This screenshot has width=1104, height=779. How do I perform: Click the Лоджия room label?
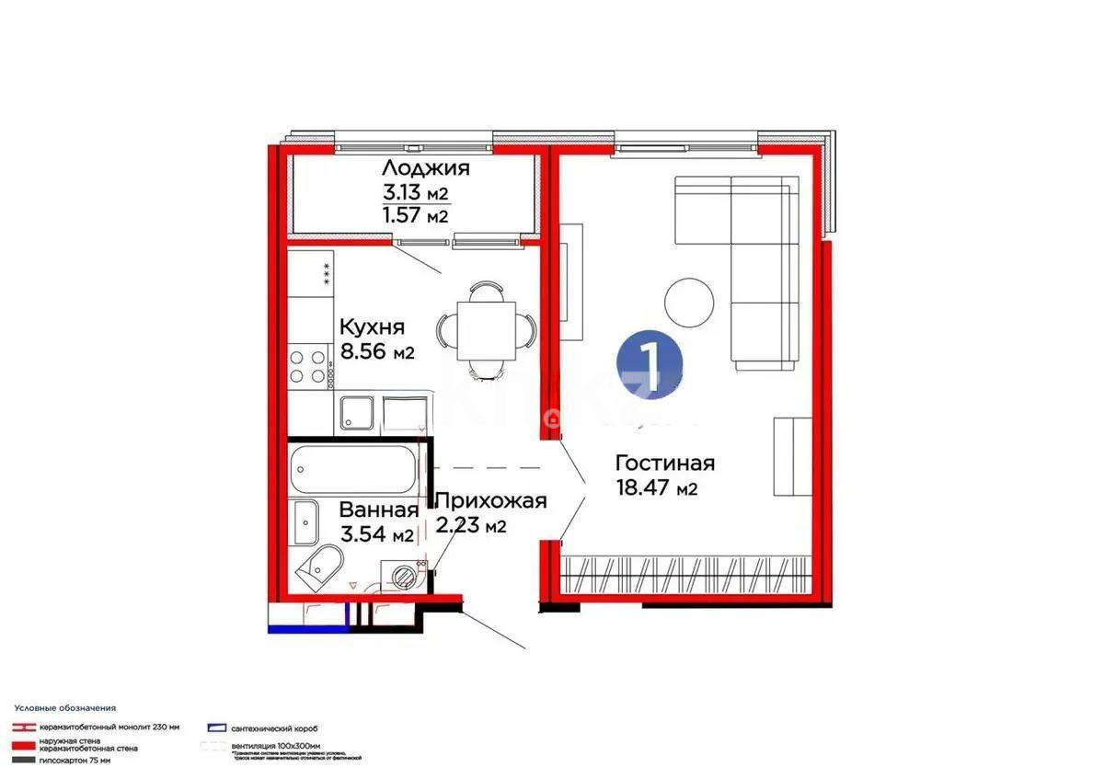426,168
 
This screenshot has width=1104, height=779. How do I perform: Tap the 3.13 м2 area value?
415,193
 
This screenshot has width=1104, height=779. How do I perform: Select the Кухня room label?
372,327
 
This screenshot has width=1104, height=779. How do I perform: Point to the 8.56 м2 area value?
377,351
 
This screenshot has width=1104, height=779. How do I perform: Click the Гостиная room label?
664,464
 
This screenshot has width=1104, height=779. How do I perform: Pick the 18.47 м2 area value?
656,489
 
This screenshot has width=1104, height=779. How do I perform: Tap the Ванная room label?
379,510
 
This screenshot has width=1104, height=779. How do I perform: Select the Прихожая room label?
490,501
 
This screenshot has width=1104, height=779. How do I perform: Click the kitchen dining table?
485,329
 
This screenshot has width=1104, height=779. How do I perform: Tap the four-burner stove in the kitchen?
309,366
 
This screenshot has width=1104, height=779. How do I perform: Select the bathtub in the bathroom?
354,470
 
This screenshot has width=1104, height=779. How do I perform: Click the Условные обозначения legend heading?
64,708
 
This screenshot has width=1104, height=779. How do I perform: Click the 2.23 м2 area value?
470,526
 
